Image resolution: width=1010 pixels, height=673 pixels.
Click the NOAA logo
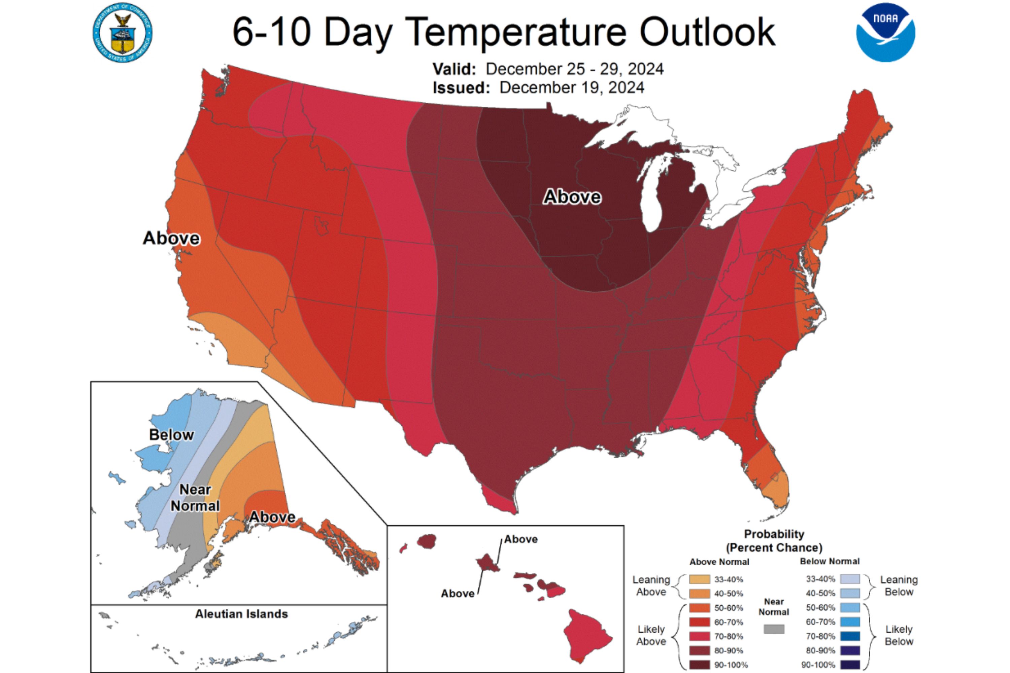[x=885, y=33]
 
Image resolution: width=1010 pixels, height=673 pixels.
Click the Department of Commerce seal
[x=123, y=33]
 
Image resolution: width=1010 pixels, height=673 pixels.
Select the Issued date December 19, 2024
[x=572, y=87]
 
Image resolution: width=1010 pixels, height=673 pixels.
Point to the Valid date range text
[x=575, y=69]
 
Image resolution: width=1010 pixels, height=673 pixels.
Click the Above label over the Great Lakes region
[x=572, y=197]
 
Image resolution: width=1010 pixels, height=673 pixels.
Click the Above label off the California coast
[x=171, y=238]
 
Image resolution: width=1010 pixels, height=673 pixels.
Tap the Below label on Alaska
[x=171, y=435]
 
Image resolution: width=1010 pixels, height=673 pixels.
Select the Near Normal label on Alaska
[x=195, y=498]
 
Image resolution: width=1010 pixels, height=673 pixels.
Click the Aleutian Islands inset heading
[x=241, y=614]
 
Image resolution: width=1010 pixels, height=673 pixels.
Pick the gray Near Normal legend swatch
[x=774, y=629]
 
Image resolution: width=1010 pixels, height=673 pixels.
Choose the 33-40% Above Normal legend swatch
[x=700, y=579]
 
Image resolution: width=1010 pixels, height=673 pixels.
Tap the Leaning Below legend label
[x=899, y=586]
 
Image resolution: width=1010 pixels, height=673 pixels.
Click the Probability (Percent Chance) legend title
[x=774, y=541]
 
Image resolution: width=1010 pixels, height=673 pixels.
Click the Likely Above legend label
[x=651, y=635]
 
